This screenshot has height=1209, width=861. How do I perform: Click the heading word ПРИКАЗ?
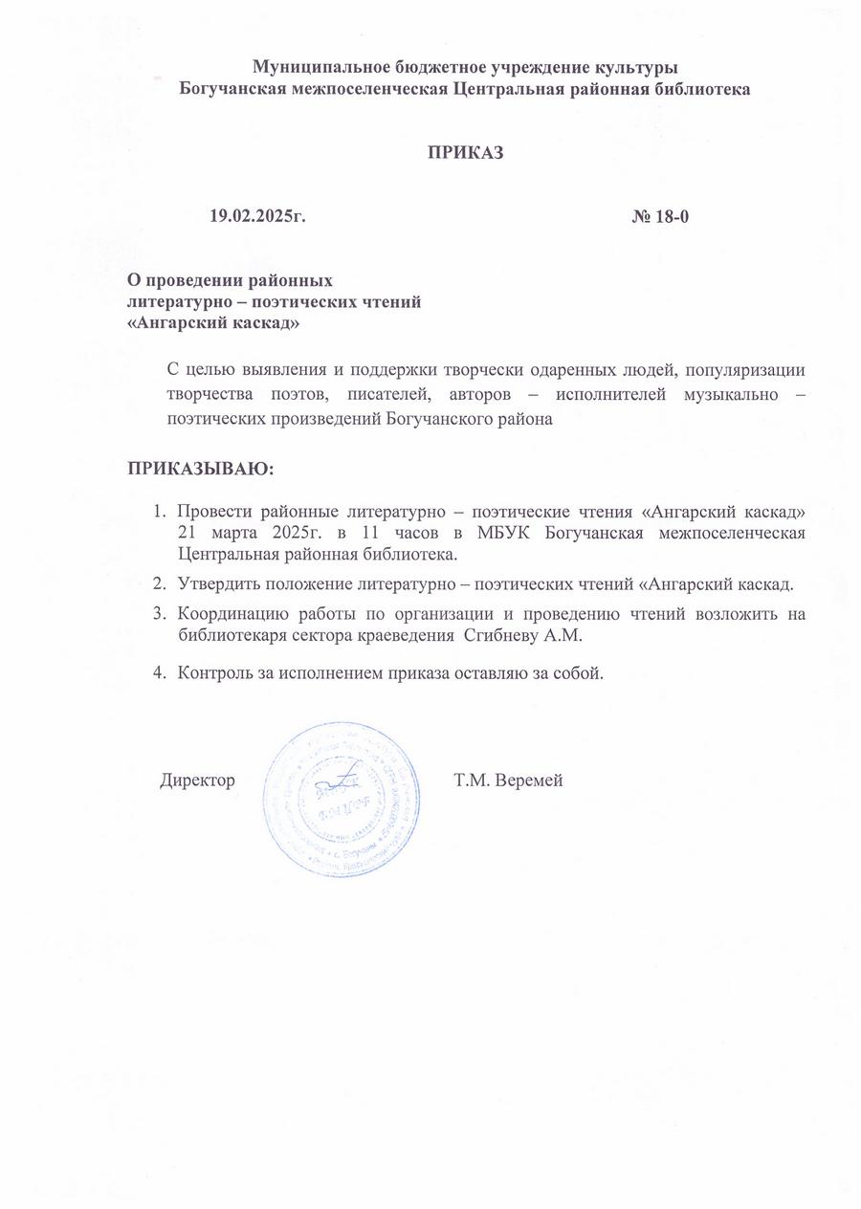464,154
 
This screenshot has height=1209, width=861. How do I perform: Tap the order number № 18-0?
660,216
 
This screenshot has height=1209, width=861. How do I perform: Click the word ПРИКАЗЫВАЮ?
201,470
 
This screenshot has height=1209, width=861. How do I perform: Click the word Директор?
197,780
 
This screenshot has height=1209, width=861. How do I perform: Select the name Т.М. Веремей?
508,780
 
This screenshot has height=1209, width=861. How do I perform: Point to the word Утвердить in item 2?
217,585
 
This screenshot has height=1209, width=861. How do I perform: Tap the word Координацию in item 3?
229,614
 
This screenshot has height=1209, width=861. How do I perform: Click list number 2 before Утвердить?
160,585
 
